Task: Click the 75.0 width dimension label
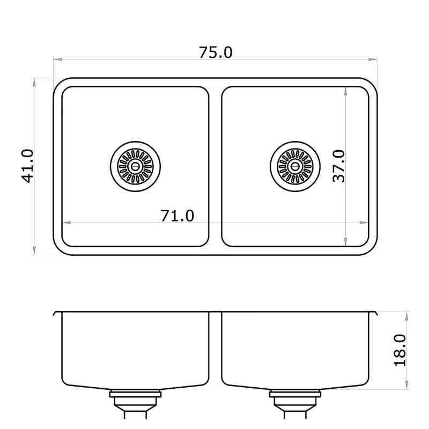tap(216, 53)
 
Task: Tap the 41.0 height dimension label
tap(28, 166)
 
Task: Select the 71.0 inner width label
tap(177, 216)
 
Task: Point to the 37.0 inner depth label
tap(339, 166)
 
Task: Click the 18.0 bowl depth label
tap(400, 350)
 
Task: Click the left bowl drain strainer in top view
tap(136, 166)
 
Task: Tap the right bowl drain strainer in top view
tap(295, 166)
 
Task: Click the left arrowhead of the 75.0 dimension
tap(57, 59)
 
